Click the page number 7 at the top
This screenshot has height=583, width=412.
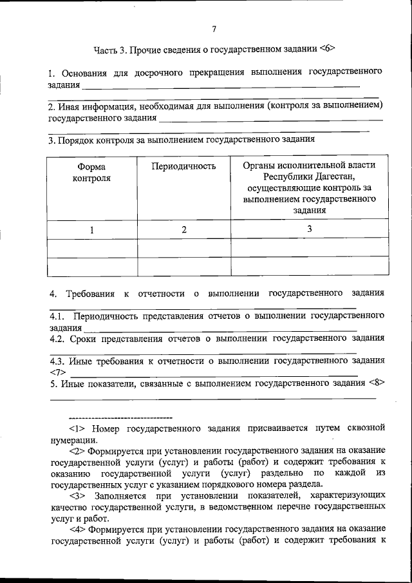[214, 28]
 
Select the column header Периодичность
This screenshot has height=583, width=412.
[183, 166]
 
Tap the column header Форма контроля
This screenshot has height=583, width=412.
[91, 172]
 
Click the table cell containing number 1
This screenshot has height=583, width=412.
[91, 229]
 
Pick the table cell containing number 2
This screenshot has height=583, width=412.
[184, 229]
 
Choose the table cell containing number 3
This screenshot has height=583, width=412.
[309, 229]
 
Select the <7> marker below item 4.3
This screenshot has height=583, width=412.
[57, 372]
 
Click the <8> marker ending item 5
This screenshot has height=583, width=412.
[377, 383]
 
